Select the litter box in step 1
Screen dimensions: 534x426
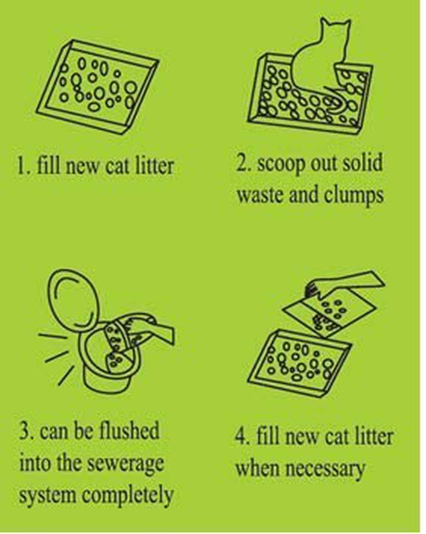[x=98, y=85]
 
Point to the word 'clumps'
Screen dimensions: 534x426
[x=353, y=195]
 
